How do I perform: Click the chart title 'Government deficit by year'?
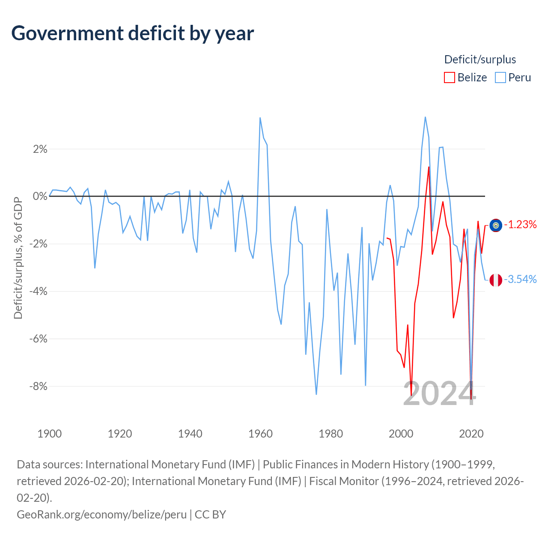point(133,33)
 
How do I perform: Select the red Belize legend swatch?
point(449,77)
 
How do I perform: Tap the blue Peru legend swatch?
point(500,77)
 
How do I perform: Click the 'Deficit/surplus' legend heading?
point(480,60)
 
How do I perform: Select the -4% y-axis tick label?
point(39,292)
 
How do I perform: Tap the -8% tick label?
point(39,387)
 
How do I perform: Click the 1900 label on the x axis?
point(50,434)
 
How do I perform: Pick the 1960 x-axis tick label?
point(260,434)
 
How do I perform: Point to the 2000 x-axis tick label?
point(401,434)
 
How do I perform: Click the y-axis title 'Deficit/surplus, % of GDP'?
point(18,258)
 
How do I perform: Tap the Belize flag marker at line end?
point(496,225)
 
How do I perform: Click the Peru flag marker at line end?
point(496,280)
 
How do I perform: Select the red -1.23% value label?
point(520,224)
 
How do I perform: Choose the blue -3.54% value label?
point(520,280)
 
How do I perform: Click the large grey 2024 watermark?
point(439,394)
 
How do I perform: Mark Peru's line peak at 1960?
point(260,118)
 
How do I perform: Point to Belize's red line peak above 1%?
point(429,167)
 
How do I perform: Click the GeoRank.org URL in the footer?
point(101,514)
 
